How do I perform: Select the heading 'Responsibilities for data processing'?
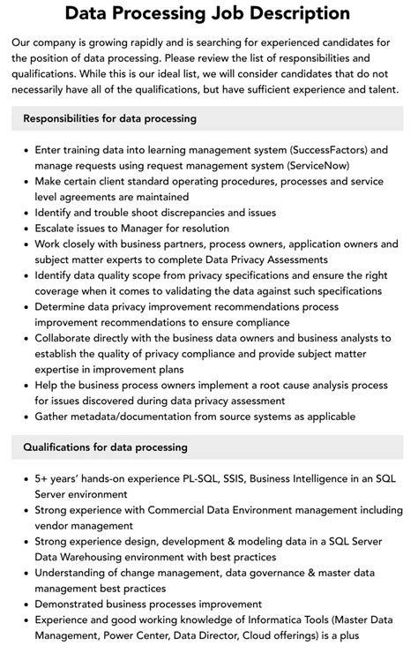(110, 118)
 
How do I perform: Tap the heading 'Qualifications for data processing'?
(105, 447)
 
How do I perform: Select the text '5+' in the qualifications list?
(43, 479)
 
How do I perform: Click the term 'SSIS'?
(236, 479)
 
